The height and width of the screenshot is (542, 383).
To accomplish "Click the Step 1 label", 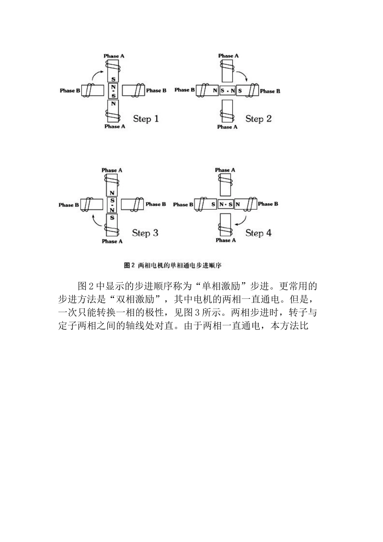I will pyautogui.click(x=146, y=119).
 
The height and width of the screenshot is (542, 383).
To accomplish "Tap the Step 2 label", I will pyautogui.click(x=258, y=119).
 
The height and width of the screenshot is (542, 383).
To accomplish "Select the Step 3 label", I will pyautogui.click(x=145, y=233).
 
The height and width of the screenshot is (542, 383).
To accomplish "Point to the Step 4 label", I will pyautogui.click(x=258, y=233).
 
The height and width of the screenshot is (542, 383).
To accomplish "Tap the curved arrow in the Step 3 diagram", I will pyautogui.click(x=96, y=221).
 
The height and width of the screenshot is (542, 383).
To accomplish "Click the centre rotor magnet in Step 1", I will pyautogui.click(x=113, y=91).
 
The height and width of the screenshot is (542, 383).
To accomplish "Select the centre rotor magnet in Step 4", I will pyautogui.click(x=226, y=204).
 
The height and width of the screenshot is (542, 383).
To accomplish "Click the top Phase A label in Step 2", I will pyautogui.click(x=228, y=56).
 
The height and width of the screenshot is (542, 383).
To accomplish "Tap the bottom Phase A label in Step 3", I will pyautogui.click(x=112, y=241).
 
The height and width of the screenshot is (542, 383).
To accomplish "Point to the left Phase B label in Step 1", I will pyautogui.click(x=70, y=91).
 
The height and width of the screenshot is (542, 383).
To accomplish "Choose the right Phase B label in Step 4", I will pyautogui.click(x=268, y=204).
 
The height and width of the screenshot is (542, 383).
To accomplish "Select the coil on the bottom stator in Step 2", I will pyautogui.click(x=227, y=117).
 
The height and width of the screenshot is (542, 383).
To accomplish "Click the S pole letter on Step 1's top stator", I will pyautogui.click(x=113, y=79).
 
